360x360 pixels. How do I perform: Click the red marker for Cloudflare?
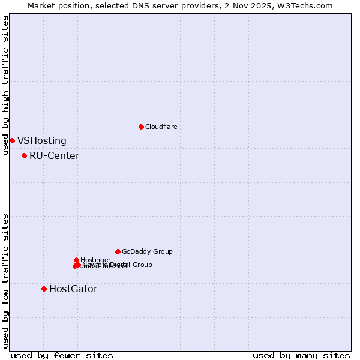click(141, 127)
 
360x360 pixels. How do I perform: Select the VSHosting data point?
click(12, 140)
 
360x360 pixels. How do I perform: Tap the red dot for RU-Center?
click(24, 155)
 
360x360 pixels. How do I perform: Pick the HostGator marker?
click(44, 289)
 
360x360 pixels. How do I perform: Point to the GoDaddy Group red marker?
click(118, 251)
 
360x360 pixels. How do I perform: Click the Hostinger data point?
click(76, 260)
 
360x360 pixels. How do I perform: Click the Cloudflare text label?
click(161, 127)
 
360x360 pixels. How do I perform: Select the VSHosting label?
click(42, 141)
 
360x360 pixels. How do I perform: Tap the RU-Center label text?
click(54, 156)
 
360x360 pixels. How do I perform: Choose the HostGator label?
click(73, 289)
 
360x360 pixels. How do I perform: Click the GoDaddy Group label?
click(147, 251)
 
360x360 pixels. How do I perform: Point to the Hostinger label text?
click(95, 260)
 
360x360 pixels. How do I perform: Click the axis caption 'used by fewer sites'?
click(62, 356)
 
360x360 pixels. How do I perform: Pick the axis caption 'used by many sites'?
click(301, 356)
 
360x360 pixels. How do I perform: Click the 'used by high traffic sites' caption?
click(6, 85)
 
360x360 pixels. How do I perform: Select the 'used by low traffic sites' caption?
click(6, 280)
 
